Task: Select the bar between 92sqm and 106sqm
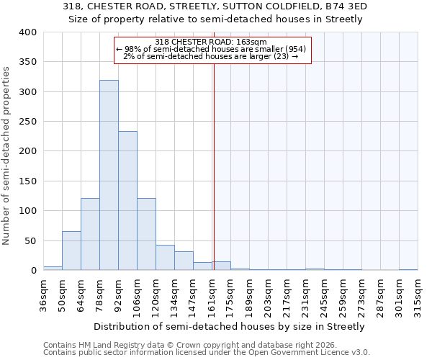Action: click(127, 201)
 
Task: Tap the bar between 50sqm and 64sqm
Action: click(71, 251)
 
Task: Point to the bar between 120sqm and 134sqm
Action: click(165, 258)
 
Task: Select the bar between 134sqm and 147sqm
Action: click(184, 261)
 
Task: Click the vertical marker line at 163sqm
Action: click(214, 158)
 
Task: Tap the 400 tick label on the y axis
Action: click(27, 32)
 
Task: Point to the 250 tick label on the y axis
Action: click(27, 122)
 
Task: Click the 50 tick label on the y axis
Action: click(30, 240)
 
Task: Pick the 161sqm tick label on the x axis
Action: click(212, 294)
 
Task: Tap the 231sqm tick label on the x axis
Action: click(305, 294)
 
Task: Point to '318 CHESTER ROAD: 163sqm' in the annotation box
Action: click(211, 42)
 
